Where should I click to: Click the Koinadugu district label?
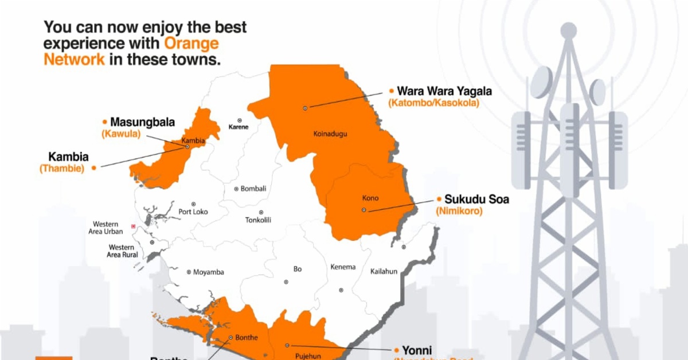point(331,134)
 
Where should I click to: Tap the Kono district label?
point(370,198)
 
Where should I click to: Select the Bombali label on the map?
point(253,189)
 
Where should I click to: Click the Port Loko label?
point(193,212)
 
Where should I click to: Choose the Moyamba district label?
point(209,272)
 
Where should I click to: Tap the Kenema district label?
point(343,267)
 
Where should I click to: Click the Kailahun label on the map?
point(384,271)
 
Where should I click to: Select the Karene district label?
point(239,127)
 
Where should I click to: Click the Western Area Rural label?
point(123,251)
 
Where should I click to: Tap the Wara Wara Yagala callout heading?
point(444,91)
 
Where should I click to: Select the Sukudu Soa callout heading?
point(476,199)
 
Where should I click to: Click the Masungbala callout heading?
point(142,122)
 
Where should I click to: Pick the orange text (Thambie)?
point(62,168)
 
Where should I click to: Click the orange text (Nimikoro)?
point(459,211)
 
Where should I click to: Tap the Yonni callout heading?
point(416,350)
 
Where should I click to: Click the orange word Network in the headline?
point(74,59)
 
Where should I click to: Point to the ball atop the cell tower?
point(568,30)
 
